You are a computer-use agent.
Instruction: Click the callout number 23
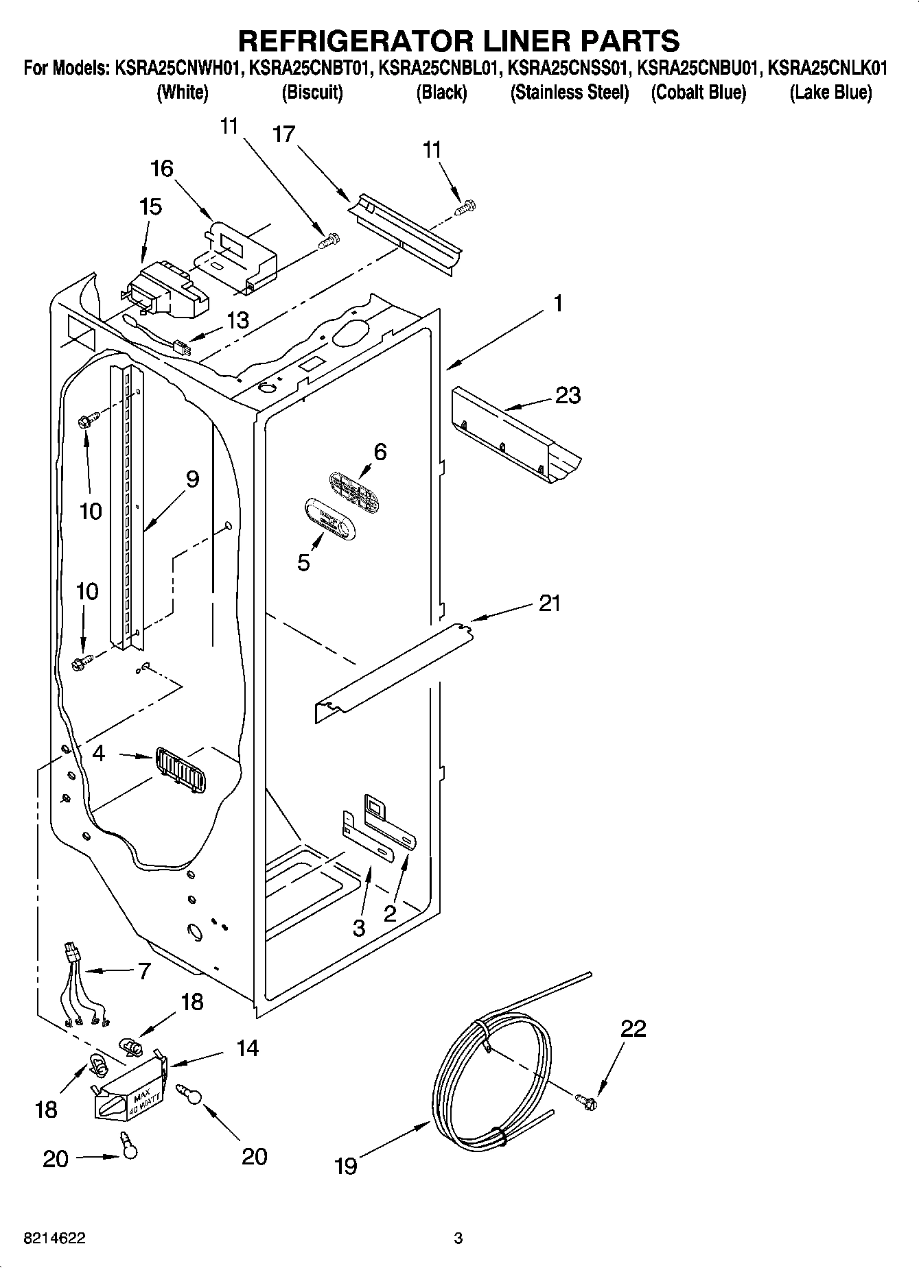pyautogui.click(x=568, y=396)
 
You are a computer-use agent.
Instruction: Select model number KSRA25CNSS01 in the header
pyautogui.click(x=568, y=69)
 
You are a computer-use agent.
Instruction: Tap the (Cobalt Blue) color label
pyautogui.click(x=698, y=93)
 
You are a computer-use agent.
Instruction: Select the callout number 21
pyautogui.click(x=549, y=603)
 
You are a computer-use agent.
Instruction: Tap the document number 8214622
pyautogui.click(x=55, y=1239)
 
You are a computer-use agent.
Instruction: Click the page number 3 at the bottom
pyautogui.click(x=458, y=1239)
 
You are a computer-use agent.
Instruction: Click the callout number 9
pyautogui.click(x=192, y=479)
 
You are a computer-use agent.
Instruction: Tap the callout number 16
pyautogui.click(x=162, y=168)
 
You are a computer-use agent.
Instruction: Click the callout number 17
pyautogui.click(x=283, y=134)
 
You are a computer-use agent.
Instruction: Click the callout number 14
pyautogui.click(x=248, y=1048)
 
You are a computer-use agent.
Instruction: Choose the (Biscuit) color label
pyautogui.click(x=312, y=93)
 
